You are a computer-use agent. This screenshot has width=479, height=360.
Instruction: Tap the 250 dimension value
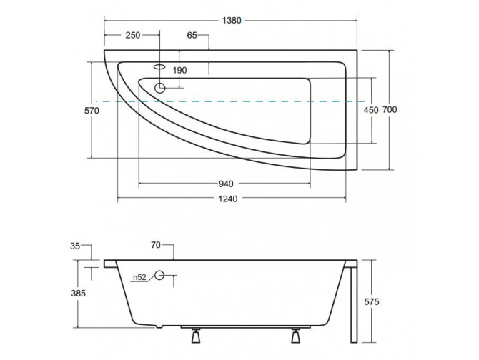coord(132,35)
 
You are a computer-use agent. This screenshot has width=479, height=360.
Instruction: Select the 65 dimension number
coord(193,35)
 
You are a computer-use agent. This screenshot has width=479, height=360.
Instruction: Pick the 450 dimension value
coord(371,110)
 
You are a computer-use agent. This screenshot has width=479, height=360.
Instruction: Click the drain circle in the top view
coord(159,88)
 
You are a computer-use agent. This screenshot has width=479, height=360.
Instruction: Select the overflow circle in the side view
coord(159,276)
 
